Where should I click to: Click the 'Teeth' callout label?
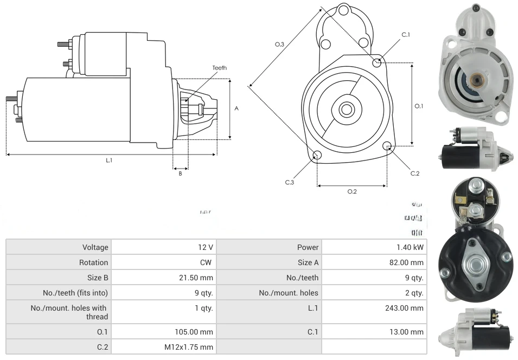pyautogui.click(x=219, y=68)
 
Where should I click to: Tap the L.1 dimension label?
pyautogui.click(x=109, y=160)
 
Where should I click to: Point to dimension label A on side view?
pyautogui.click(x=236, y=108)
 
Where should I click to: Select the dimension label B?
pyautogui.click(x=180, y=173)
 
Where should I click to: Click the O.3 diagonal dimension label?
pyautogui.click(x=279, y=44)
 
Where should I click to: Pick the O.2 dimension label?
pyautogui.click(x=352, y=191)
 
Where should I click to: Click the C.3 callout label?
pyautogui.click(x=290, y=182)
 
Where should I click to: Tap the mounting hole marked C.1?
pyautogui.click(x=377, y=62)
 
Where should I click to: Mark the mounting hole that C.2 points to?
pyautogui.click(x=387, y=146)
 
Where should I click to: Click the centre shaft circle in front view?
pyautogui.click(x=346, y=109)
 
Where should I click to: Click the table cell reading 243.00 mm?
pyautogui.click(x=404, y=308)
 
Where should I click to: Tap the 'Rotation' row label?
pyautogui.click(x=93, y=262)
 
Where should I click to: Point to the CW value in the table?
pyautogui.click(x=207, y=262)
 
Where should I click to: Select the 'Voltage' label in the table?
pyautogui.click(x=95, y=247)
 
